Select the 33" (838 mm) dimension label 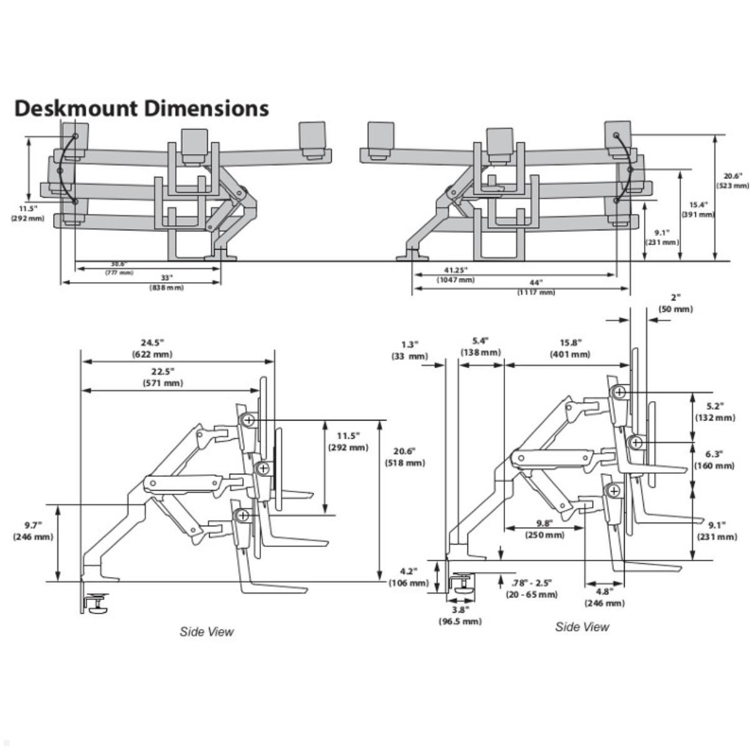coord(166,282)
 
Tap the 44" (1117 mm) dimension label coord(536,287)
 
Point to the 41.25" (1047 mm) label coord(456,275)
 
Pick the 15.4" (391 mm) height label coord(698,209)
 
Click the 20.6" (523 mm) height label coord(732,181)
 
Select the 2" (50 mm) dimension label coord(675,304)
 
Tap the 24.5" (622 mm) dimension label coord(152,348)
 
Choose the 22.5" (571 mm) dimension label coord(163,377)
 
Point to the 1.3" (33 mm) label coord(409,350)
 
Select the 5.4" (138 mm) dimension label coord(481,347)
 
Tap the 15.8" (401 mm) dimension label coord(570,348)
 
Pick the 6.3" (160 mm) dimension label coord(715,459)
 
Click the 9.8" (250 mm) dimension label coord(544,529)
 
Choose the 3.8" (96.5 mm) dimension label coord(460,615)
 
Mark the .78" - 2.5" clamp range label coord(531,588)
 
